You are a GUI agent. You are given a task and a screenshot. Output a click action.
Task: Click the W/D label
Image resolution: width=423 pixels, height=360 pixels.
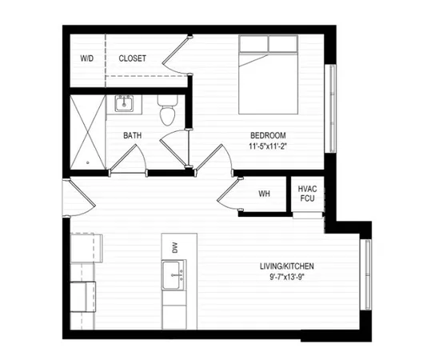[x=86, y=59]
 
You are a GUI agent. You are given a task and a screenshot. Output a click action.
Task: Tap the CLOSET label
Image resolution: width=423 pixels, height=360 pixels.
[x=132, y=59]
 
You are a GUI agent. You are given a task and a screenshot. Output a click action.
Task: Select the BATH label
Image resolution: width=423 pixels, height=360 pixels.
[x=133, y=135]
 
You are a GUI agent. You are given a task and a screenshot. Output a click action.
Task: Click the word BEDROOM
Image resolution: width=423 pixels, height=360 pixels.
[x=267, y=135]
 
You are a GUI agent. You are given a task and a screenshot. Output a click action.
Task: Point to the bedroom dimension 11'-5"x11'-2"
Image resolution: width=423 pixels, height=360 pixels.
[x=267, y=146]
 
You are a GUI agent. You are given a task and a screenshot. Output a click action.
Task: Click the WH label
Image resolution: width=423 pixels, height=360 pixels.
[x=263, y=194]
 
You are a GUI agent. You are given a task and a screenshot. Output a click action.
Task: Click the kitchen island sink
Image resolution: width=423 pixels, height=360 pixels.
[x=174, y=279]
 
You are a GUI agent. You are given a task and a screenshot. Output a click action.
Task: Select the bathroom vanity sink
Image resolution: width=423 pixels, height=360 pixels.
[x=124, y=104]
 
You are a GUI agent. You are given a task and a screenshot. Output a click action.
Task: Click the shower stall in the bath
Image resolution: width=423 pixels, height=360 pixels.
[x=86, y=133]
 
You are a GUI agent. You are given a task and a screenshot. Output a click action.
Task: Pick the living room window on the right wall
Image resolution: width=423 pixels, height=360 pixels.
[x=366, y=273]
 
